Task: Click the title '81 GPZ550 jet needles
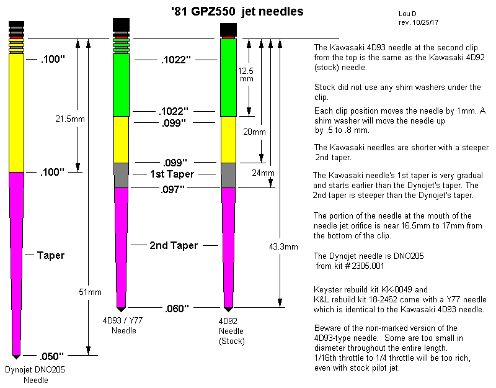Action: point(237,12)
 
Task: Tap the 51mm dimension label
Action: point(90,292)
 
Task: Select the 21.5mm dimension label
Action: point(70,119)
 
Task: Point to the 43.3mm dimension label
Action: point(283,246)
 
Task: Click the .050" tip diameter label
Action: point(51,356)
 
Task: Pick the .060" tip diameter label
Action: point(177,309)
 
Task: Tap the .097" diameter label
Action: point(172,189)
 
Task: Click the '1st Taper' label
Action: point(172,174)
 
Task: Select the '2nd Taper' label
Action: point(174,245)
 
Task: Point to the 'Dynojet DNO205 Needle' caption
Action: point(35,375)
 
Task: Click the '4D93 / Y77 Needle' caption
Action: point(123,325)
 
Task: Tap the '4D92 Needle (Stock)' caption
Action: point(231,331)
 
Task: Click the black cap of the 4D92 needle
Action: point(228,29)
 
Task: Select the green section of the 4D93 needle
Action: point(121,85)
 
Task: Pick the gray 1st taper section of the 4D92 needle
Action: point(228,176)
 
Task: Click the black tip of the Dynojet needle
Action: point(17,357)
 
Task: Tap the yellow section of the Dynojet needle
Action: point(17,113)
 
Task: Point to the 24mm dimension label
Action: point(263,173)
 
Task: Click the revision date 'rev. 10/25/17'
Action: point(418,22)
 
